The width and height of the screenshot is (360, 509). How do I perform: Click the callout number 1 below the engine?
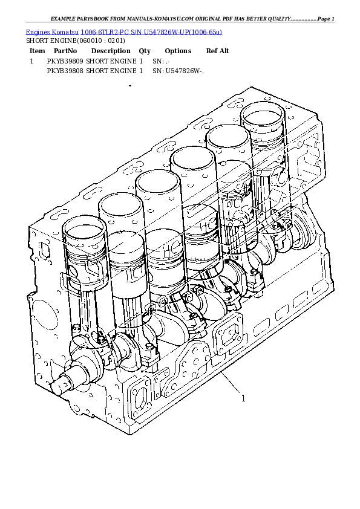[243, 399]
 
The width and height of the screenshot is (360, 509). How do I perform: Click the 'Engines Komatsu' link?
[51, 31]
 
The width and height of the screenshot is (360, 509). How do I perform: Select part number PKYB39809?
[65, 61]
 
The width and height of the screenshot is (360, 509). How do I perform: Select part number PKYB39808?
[65, 71]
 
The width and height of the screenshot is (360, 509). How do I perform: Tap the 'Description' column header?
[111, 51]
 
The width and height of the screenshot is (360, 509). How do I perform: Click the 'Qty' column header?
[145, 51]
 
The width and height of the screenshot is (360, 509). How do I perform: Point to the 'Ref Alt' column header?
[218, 51]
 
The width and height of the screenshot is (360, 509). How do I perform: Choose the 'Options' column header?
[178, 51]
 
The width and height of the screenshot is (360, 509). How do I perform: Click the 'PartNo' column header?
[65, 51]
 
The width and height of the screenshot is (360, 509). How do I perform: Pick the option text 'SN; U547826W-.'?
[178, 71]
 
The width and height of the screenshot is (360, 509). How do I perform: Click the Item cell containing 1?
[31, 61]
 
